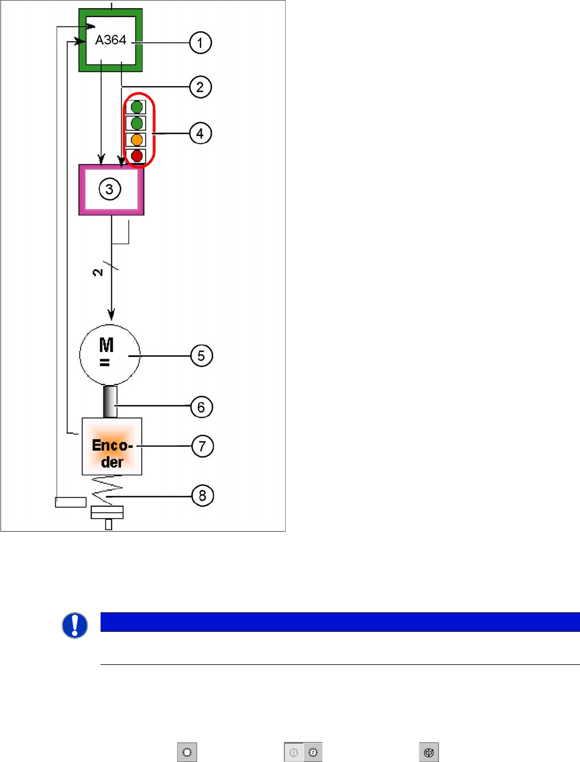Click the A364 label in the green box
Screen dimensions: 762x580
110,40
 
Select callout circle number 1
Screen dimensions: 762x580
200,43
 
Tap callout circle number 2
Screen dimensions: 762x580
200,87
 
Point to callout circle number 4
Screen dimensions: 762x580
200,134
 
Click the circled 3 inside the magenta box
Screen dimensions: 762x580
110,189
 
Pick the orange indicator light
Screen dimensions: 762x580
137,140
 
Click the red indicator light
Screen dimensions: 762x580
137,156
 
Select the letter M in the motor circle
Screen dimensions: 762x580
106,345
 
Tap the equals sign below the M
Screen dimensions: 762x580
105,362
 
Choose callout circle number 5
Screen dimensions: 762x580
201,356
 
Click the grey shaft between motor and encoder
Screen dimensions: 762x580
110,402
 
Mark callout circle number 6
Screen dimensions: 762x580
201,407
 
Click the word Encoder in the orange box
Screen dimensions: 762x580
112,453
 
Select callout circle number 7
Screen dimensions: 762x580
202,446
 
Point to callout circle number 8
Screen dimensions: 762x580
202,495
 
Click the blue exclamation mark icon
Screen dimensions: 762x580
75,625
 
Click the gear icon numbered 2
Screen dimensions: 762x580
313,752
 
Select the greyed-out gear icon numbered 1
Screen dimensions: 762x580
294,752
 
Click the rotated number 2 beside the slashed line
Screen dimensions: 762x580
98,272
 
